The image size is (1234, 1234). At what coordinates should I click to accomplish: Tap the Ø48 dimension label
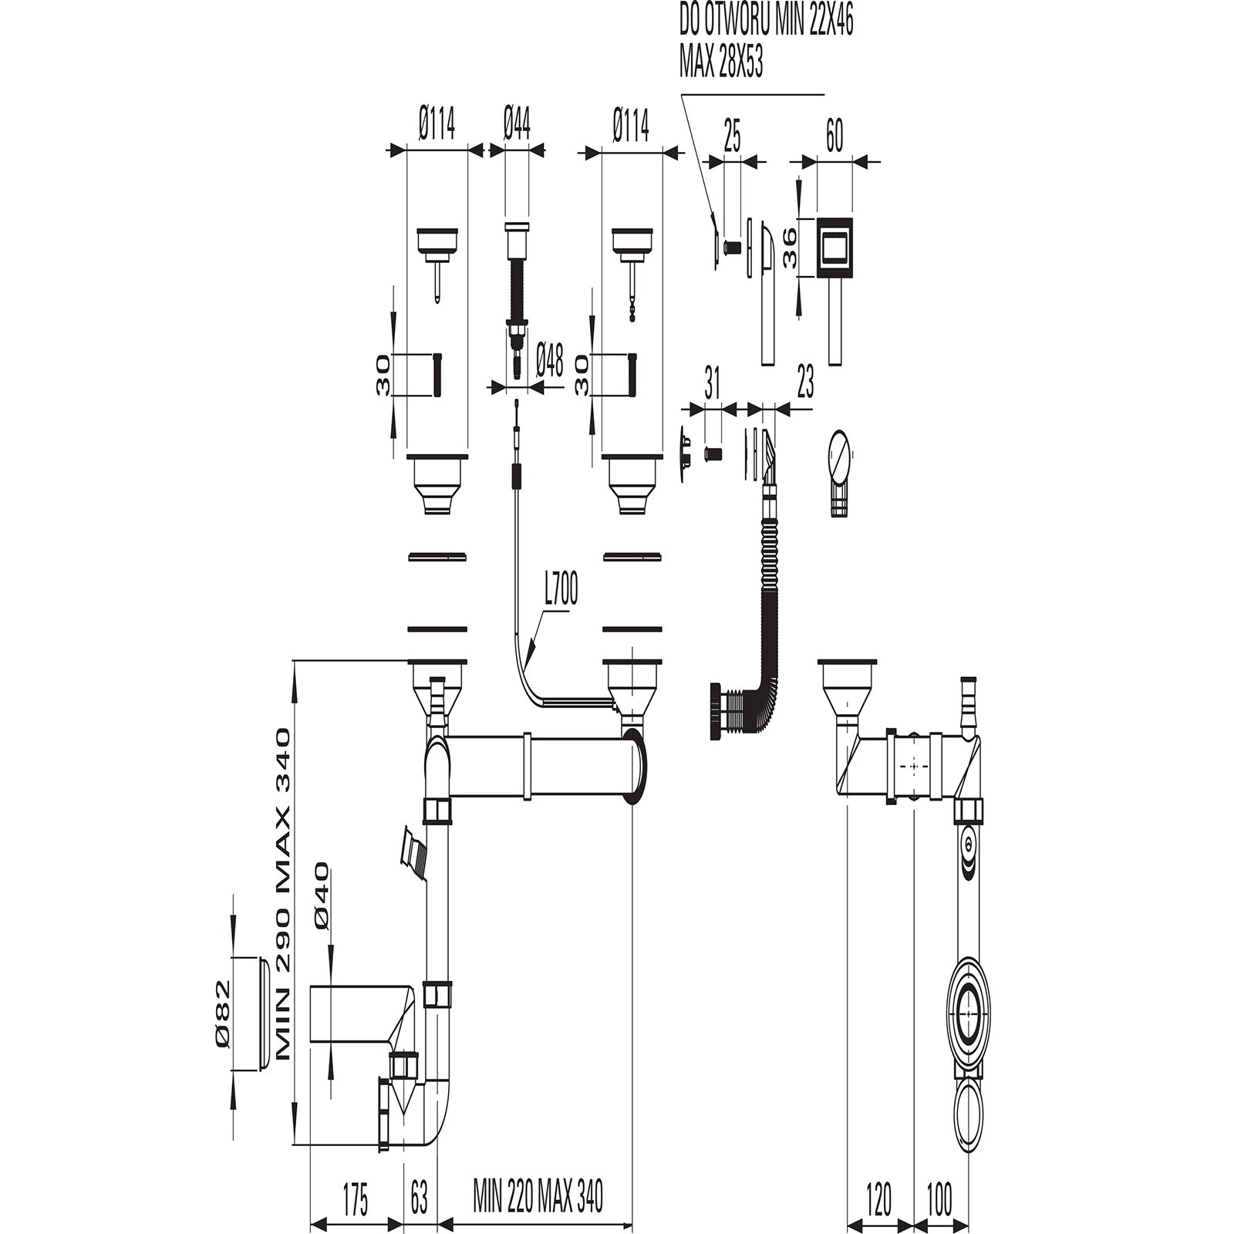(548, 359)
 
